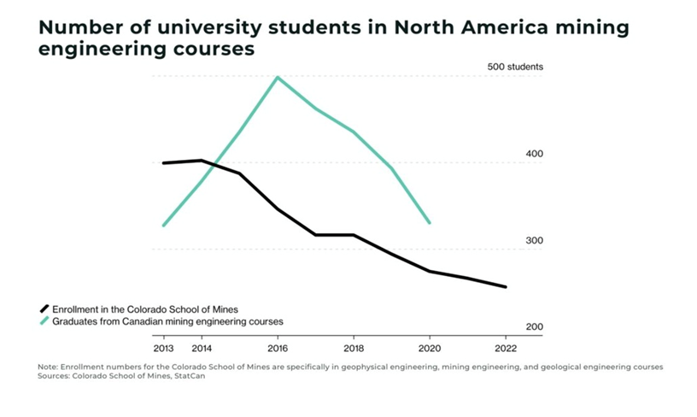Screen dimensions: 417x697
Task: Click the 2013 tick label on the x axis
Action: tap(163, 348)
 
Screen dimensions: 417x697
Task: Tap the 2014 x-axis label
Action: tap(202, 348)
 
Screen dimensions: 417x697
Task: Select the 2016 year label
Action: tap(278, 348)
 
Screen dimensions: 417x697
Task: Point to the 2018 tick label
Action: tap(353, 348)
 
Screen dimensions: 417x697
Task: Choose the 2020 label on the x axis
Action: tap(429, 348)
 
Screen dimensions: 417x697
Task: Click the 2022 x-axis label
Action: tap(505, 348)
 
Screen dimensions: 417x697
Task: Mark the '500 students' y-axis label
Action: tap(515, 67)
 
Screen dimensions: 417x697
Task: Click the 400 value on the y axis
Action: tap(534, 154)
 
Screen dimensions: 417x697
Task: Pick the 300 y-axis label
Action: tap(534, 241)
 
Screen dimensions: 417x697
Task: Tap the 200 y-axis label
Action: tap(534, 327)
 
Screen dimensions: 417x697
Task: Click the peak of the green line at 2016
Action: tap(278, 77)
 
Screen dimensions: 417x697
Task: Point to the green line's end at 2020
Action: tap(429, 223)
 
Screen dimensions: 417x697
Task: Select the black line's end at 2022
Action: tap(506, 287)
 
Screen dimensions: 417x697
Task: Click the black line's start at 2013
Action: tap(163, 162)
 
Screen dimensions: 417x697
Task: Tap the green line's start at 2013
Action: tap(163, 226)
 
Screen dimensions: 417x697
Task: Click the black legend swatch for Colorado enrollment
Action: tap(44, 308)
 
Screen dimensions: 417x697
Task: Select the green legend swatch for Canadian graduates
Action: tap(44, 321)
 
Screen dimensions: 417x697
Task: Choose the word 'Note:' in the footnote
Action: tap(49, 367)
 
